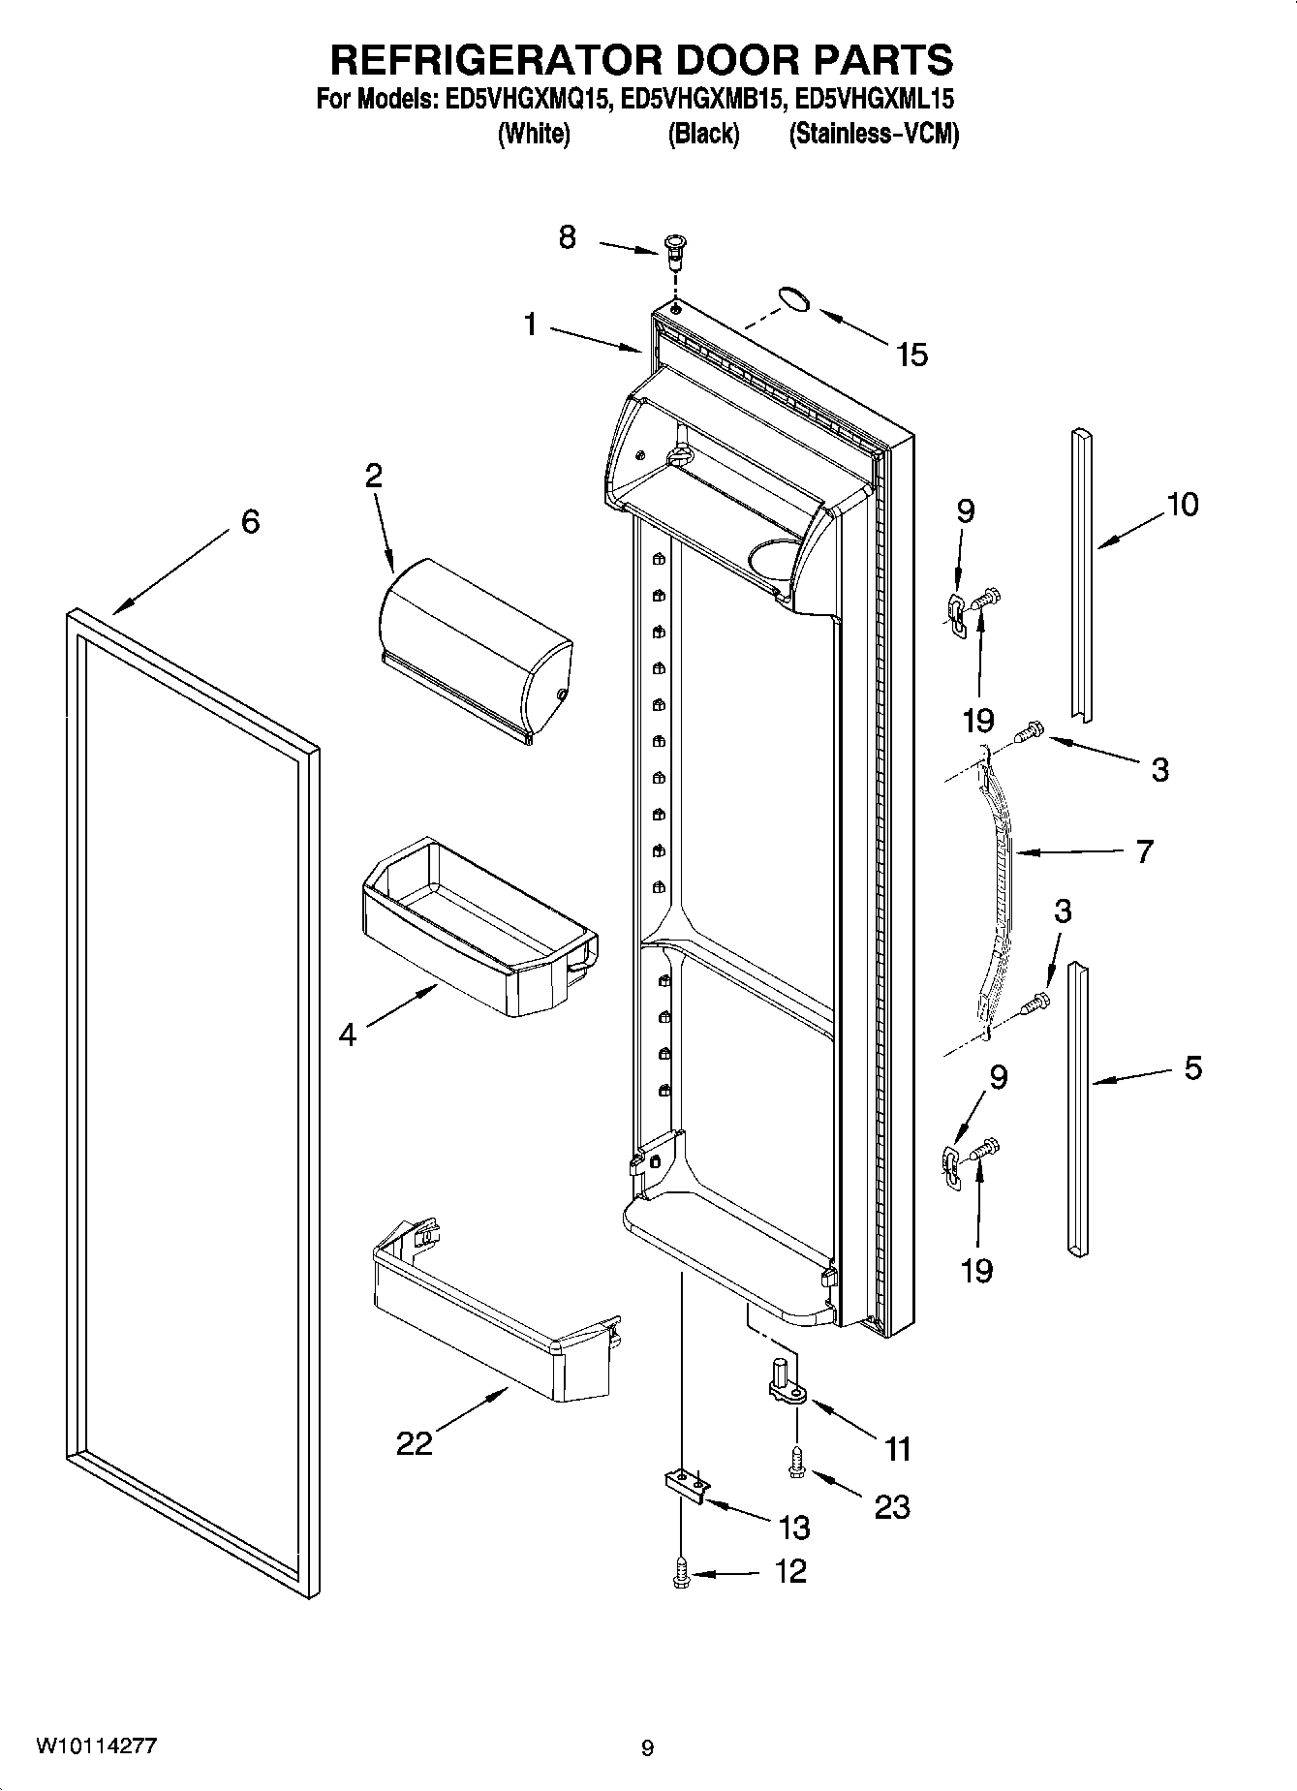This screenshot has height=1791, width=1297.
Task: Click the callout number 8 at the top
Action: (x=568, y=236)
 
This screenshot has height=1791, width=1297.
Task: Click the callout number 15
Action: (x=911, y=355)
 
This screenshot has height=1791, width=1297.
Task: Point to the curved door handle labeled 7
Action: (x=998, y=891)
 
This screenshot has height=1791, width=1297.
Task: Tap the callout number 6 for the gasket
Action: (x=250, y=522)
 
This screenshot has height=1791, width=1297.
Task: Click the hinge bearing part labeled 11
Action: (x=789, y=1386)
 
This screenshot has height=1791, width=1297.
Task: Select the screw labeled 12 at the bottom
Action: (x=681, y=1574)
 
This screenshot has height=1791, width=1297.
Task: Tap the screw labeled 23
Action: (x=797, y=1462)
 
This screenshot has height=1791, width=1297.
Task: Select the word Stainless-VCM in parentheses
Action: (x=874, y=134)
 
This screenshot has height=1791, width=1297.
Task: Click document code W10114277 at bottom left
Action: (x=96, y=1744)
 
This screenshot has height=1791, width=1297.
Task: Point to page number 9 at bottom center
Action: (x=647, y=1748)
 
